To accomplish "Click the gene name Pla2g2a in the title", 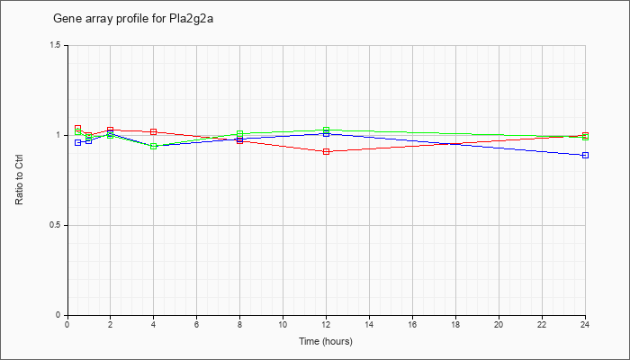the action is coord(194,19).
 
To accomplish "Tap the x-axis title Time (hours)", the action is coord(326,341).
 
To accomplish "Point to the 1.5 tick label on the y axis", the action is coord(57,45).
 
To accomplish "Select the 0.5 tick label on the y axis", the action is coord(57,225).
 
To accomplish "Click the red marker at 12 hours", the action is coord(326,151).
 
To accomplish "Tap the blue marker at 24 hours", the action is coord(585,155).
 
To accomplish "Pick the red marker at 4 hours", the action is coord(154,131).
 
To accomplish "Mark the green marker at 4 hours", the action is coord(154,146).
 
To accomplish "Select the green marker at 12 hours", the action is coord(326,130).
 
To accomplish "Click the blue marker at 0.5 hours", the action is coord(78,142).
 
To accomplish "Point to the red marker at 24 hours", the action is coord(585,135).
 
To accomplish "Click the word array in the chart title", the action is coord(102,20).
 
